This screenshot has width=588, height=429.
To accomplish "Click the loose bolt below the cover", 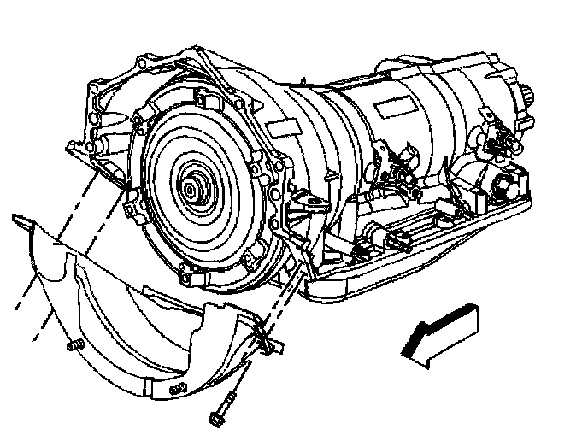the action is point(223,403).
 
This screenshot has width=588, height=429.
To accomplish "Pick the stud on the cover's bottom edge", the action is point(177,390).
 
